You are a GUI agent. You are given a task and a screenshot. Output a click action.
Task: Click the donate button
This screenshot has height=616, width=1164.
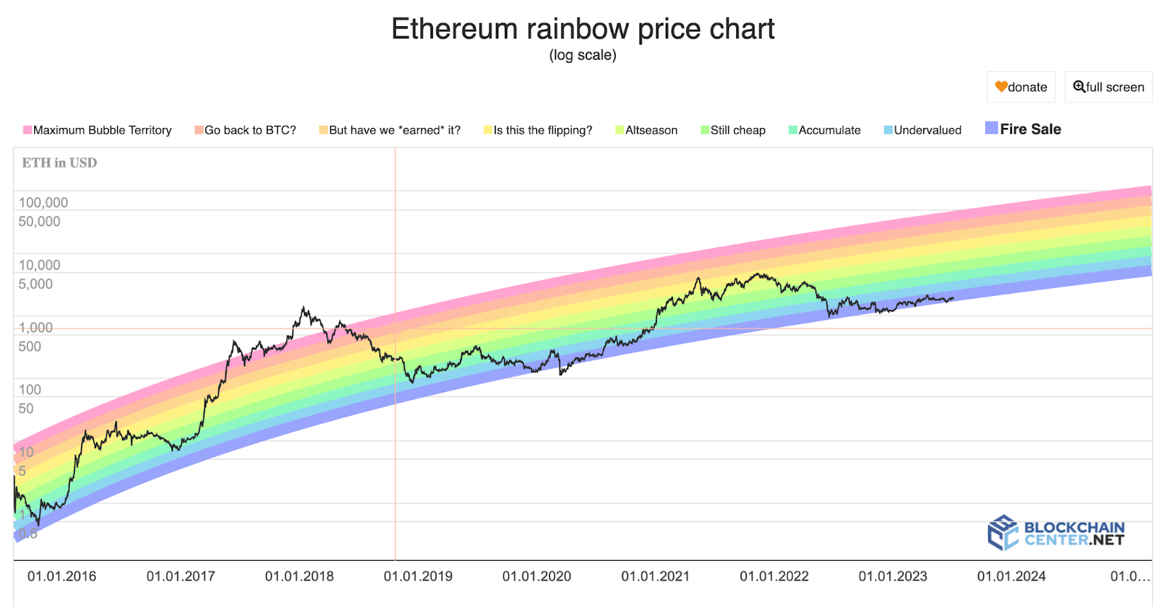pos(1021,87)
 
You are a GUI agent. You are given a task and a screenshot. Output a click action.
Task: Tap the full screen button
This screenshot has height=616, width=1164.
pos(1109,87)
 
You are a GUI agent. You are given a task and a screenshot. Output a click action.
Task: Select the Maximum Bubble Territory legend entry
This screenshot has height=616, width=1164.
pos(98,130)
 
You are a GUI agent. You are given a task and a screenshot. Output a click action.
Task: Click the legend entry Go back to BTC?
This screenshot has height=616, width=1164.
pos(246,130)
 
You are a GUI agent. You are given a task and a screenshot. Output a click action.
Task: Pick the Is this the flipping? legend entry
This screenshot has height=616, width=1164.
pos(538,130)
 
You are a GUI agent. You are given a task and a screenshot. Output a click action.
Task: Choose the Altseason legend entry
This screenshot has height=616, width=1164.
pos(647,130)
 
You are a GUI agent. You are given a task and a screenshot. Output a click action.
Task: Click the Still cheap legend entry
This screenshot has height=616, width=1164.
pos(733,130)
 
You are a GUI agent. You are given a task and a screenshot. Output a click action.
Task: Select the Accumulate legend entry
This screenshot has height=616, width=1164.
pos(825,130)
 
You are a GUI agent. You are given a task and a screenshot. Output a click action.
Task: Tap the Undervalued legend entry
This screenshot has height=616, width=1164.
pos(923,130)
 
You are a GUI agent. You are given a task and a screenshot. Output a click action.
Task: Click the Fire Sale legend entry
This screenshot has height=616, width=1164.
pos(1024,129)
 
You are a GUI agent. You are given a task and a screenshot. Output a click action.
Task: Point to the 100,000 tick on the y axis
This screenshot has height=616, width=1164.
pos(44,203)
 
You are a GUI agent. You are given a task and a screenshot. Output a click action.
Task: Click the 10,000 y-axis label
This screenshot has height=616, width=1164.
pos(39,265)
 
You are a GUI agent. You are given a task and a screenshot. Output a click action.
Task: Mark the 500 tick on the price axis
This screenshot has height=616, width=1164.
pos(30,347)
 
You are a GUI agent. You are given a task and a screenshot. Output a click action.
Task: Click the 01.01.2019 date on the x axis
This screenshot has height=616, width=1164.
pos(418,577)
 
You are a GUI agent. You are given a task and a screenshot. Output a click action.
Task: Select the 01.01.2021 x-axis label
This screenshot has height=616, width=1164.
pos(655,577)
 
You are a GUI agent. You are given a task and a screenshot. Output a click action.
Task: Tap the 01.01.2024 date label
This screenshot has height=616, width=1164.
pos(1011,577)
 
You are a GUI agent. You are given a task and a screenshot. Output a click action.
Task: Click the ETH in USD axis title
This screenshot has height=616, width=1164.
pos(60,163)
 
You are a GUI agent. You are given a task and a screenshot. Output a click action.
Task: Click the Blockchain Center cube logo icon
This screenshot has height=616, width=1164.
pos(1002,532)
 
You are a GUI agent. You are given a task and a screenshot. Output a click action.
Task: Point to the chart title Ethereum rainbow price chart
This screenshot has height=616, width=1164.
pos(583,29)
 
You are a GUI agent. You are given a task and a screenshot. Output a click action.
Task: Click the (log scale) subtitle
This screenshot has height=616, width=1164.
pos(583,55)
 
